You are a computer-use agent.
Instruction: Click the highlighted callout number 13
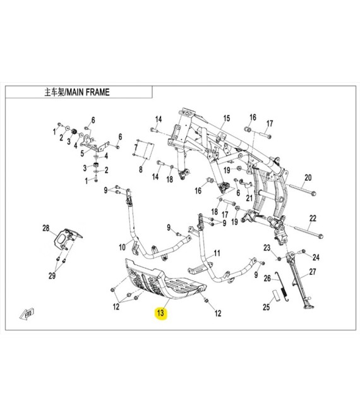point(160,313)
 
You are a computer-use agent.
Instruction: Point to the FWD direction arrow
point(27,315)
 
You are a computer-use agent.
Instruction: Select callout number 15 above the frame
point(226,118)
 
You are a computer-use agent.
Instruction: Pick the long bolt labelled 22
point(308,231)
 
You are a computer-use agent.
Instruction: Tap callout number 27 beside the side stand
point(313,272)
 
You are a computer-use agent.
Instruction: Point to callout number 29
point(52,275)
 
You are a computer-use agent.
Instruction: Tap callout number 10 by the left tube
point(122,247)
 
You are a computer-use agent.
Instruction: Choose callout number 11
point(217,253)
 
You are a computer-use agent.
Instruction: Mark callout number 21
point(249,198)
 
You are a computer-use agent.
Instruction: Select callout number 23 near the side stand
point(267,248)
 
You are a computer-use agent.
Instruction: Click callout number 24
point(316,257)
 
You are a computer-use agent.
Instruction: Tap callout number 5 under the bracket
point(82,154)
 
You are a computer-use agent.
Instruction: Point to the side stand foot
point(308,307)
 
